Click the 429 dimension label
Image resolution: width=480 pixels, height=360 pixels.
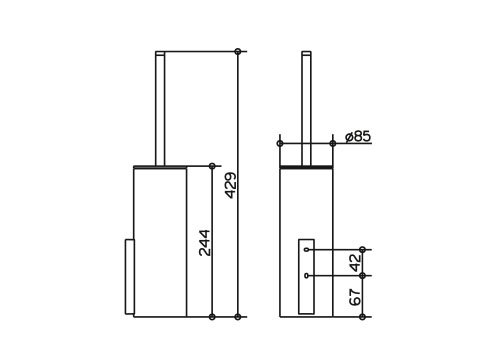tap(231, 185)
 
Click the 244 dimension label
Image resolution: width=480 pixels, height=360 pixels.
tap(205, 243)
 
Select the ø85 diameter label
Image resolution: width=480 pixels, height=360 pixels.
tap(358, 136)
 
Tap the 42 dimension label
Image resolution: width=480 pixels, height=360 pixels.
tap(356, 262)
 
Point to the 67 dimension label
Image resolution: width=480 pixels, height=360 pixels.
tap(356, 297)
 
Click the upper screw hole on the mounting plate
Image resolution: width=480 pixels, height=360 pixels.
tap(306, 249)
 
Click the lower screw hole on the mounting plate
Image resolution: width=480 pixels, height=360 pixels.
tap(306, 276)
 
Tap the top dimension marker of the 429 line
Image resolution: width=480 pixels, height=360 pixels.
tap(238, 52)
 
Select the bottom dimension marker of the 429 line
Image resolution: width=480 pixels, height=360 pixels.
tap(238, 317)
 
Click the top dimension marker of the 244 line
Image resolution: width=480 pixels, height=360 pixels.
tap(212, 166)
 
